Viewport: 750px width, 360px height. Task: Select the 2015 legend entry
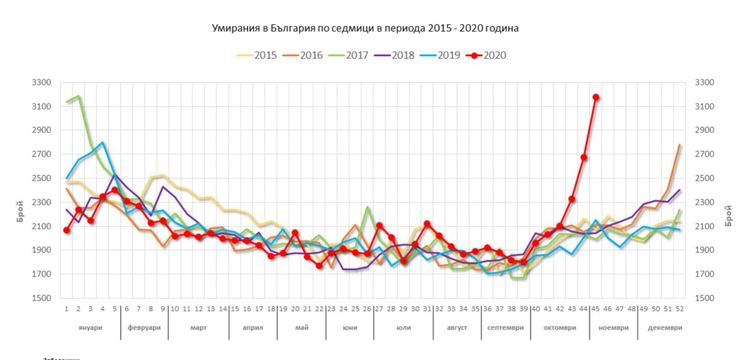coord(262,55)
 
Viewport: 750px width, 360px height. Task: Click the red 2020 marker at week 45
coord(596,97)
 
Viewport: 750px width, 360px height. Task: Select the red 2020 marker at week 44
coord(584,157)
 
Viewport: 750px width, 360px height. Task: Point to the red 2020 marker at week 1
coord(67,230)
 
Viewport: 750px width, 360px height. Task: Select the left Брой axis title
coord(17,190)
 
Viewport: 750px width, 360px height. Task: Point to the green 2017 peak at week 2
coord(79,97)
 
